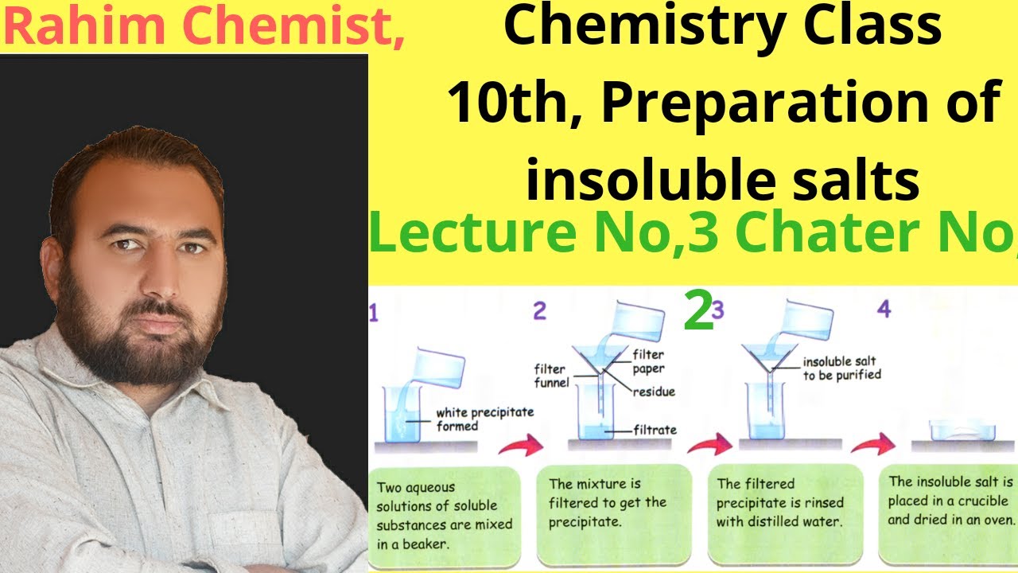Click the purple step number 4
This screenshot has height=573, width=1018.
coord(883,309)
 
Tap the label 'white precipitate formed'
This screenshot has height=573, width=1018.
coord(484,419)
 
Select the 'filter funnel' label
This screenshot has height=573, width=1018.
coord(550,376)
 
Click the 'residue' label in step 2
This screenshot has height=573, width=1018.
coord(654,392)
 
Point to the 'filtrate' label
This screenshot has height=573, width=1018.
coord(655,430)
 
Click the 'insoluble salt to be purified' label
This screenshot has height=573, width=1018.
coord(841,368)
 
